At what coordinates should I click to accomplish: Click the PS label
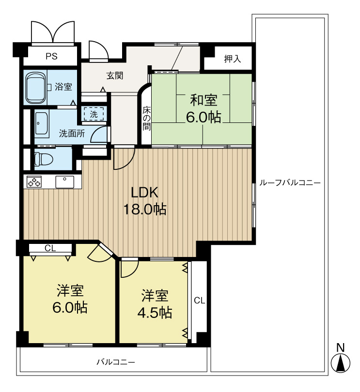pos(51,56)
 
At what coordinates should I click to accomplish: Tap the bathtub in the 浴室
pos(35,88)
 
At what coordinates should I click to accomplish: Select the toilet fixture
pos(43,159)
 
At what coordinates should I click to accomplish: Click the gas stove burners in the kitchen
pos(34,181)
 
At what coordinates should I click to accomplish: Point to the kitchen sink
pos(64,182)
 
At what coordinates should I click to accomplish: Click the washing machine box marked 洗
pos(94,114)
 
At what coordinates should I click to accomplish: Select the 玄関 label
pos(115,75)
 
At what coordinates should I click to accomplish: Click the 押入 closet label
pos(233,59)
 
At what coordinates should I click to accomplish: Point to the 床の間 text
pos(147,119)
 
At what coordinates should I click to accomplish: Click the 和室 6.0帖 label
pos(203,108)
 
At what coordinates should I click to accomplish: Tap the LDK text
pos(145,193)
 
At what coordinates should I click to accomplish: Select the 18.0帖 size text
pos(145,209)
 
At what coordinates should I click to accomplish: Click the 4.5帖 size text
pos(155,312)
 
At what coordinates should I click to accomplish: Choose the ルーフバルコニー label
pos(290,183)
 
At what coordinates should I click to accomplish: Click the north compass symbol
pos(341,359)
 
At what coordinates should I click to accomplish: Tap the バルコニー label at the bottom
pos(116,362)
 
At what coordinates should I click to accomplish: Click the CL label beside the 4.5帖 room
pos(200,301)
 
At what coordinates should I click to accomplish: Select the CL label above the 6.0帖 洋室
pos(50,248)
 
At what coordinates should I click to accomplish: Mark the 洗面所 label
pos(72,134)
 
